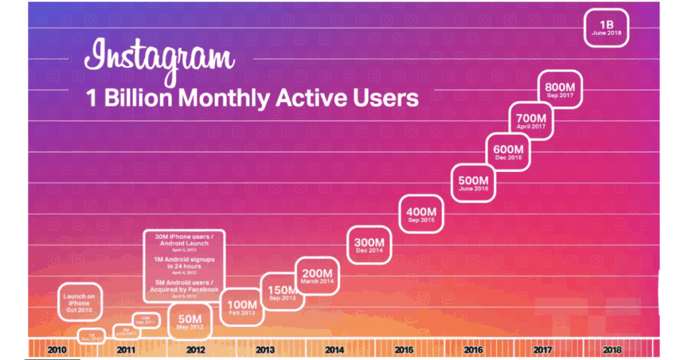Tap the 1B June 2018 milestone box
coord(606,27)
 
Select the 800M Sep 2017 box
coord(560,89)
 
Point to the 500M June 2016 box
coord(474,183)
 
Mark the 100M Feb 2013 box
coord(243,308)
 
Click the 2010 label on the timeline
coord(58,350)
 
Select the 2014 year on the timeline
coord(334,350)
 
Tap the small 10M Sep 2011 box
coord(145,320)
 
